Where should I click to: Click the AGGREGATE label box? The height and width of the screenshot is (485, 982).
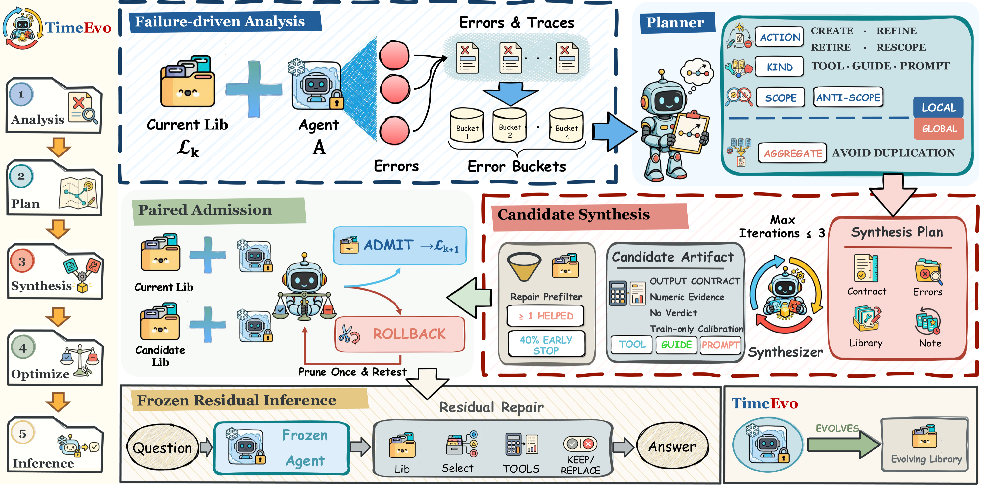tap(792, 153)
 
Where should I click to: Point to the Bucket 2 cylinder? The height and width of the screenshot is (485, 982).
tap(510, 125)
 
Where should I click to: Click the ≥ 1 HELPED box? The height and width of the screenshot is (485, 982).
tap(546, 316)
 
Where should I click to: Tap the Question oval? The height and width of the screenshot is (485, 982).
tap(162, 448)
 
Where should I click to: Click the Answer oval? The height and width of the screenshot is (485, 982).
tap(672, 446)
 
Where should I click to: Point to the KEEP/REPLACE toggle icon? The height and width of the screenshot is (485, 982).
tap(580, 444)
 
